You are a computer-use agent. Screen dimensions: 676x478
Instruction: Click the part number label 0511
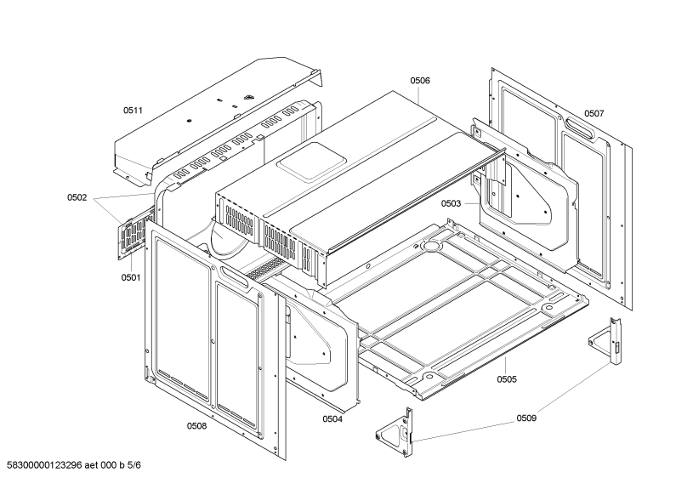pos(133,111)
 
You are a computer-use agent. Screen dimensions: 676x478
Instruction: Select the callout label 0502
pos(77,197)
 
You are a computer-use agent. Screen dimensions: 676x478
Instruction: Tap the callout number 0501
pos(131,277)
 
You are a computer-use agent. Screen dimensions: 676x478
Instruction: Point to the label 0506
pos(420,81)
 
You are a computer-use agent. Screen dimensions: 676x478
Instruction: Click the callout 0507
pos(594,113)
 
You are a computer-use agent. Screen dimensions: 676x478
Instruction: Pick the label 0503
pos(451,203)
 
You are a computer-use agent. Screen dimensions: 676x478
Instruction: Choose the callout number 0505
pos(507,379)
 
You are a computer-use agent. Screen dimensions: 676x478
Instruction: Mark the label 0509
pos(526,418)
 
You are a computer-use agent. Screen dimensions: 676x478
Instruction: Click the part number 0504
pos(332,419)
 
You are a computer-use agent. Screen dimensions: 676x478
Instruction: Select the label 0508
pos(196,426)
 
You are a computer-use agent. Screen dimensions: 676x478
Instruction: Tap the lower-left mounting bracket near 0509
pos(396,433)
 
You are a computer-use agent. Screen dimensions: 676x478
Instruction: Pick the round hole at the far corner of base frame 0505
pos(432,246)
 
